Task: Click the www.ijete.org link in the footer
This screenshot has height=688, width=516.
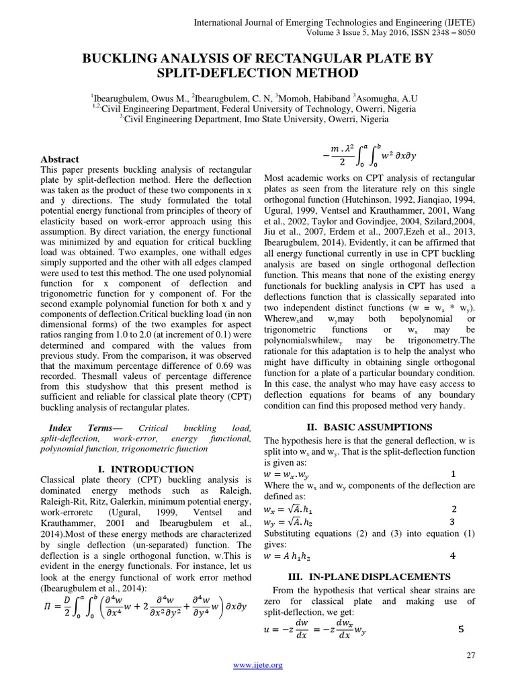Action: click(x=257, y=665)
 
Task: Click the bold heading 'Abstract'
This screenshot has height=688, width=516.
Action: click(x=60, y=159)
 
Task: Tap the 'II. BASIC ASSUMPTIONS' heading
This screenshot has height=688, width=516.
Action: click(x=368, y=427)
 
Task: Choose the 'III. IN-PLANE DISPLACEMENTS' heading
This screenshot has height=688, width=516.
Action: click(x=368, y=576)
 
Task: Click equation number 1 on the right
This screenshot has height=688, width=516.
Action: click(x=453, y=474)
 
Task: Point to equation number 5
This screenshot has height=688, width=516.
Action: click(x=460, y=630)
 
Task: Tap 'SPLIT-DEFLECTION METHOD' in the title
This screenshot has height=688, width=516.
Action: click(x=257, y=73)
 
